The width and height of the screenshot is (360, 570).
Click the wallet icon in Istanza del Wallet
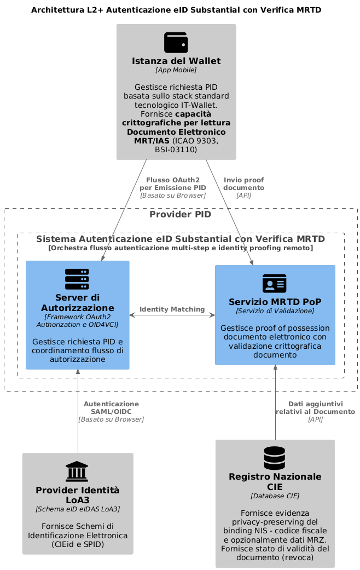[176, 43]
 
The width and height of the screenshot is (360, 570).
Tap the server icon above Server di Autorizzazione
[77, 279]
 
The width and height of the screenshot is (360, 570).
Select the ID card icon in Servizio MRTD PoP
[275, 284]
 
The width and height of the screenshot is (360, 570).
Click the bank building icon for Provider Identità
[77, 471]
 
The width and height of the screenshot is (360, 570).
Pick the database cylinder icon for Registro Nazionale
[275, 458]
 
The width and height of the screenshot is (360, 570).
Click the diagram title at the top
[176, 10]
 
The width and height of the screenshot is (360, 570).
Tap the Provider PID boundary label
[180, 214]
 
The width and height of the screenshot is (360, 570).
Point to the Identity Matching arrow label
[172, 309]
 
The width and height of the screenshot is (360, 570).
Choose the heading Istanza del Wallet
[176, 61]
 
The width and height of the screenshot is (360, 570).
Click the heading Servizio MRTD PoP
[275, 302]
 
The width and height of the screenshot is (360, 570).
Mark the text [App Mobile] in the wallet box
[176, 70]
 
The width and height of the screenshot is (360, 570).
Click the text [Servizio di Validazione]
[275, 311]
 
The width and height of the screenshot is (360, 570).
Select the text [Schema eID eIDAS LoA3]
[78, 509]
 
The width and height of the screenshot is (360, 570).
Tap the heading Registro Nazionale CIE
[275, 482]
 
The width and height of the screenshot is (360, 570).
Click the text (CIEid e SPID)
[78, 544]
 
